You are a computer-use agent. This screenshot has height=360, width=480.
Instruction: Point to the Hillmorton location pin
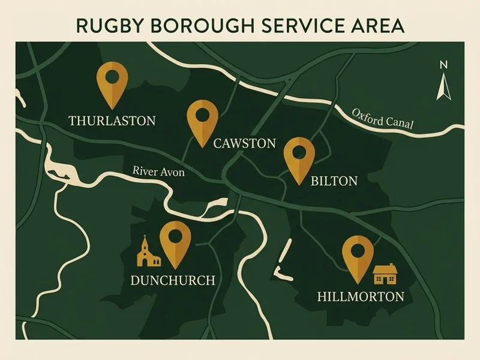358,254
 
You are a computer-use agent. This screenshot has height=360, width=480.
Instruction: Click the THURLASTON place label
112,121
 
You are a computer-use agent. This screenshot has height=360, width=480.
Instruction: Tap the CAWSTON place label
245,143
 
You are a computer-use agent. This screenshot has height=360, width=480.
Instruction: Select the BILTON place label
334,181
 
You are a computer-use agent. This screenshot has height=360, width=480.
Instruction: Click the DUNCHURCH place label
172,280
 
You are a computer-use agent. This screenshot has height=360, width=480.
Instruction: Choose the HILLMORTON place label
361,296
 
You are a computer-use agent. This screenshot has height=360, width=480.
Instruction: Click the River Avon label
158,172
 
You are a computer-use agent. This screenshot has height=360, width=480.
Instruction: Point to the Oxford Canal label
383,118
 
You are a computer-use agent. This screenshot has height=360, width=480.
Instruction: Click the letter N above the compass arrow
444,65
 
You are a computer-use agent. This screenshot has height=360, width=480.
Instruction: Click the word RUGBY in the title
108,26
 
